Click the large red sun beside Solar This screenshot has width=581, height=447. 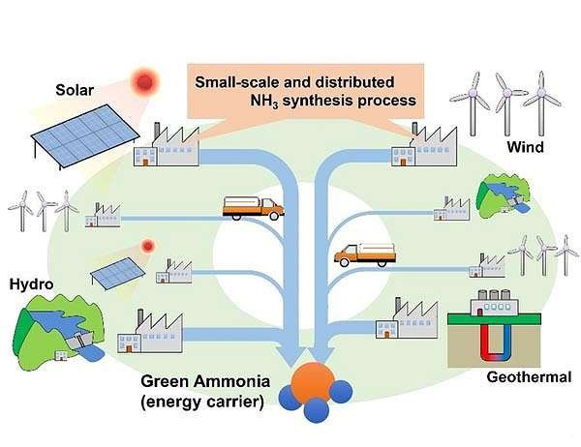pyautogui.click(x=146, y=81)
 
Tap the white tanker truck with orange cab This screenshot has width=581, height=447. pyautogui.click(x=252, y=206)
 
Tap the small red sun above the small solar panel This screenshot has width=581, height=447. pyautogui.click(x=147, y=246)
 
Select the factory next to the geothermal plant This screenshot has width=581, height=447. pyautogui.click(x=400, y=319)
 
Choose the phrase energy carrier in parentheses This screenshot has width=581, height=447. pyautogui.click(x=202, y=401)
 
